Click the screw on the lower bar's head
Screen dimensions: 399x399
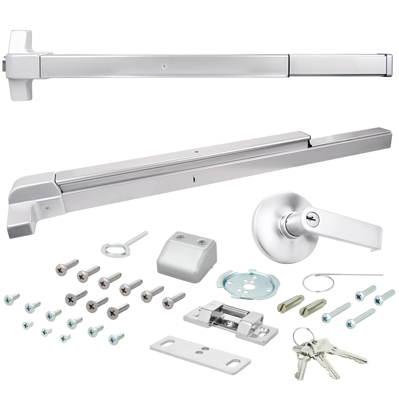pos(47,208)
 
